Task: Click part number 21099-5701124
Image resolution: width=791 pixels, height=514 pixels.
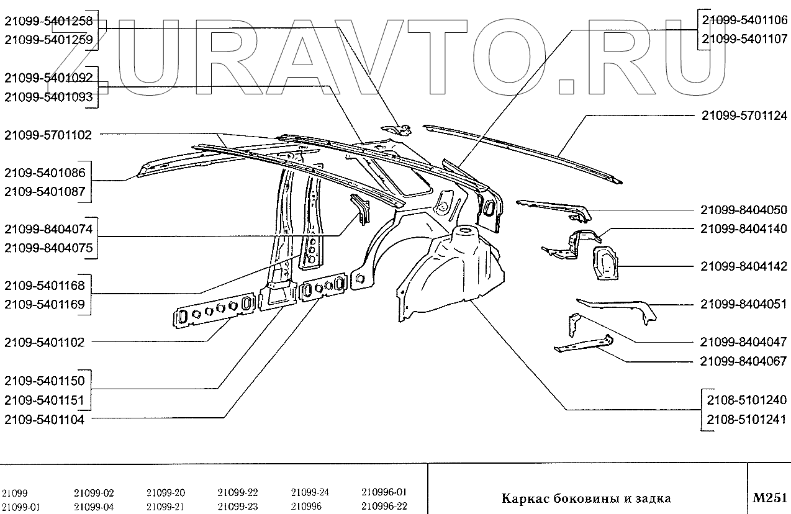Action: tap(744, 115)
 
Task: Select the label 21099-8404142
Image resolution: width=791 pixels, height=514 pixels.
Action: tap(744, 266)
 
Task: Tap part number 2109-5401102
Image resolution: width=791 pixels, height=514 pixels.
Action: tap(44, 342)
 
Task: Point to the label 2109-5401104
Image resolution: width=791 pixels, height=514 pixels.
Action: tap(44, 419)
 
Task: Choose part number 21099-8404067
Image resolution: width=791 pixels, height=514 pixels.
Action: tap(744, 361)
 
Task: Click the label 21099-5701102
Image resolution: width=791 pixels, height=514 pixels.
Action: tap(48, 134)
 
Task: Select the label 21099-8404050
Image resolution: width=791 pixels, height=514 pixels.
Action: tap(744, 210)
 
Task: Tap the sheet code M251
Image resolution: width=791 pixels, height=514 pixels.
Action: tap(769, 498)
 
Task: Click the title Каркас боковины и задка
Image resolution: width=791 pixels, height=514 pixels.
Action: tap(586, 498)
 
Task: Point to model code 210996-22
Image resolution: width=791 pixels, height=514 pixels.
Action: tap(384, 506)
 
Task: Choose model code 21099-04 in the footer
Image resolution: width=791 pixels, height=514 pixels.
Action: tap(94, 506)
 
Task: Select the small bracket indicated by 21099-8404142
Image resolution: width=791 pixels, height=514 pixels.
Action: tap(605, 262)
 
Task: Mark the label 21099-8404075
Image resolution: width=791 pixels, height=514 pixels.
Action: tap(48, 248)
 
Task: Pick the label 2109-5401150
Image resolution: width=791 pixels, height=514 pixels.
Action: tap(44, 381)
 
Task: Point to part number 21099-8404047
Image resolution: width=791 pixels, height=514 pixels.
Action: tap(744, 342)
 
